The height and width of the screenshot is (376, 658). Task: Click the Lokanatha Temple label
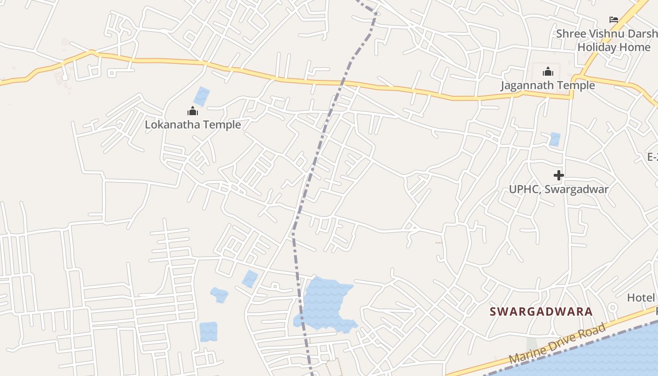coord(193,125)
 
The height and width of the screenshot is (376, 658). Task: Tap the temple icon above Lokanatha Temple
coord(193,111)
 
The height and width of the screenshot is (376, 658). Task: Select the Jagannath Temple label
coord(548,86)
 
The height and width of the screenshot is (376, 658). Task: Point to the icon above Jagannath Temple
coord(548,72)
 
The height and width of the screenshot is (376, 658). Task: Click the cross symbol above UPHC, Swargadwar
coord(558,175)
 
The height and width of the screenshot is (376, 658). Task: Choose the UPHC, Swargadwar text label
coord(559,189)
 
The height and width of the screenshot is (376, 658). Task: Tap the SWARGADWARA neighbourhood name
coord(541,312)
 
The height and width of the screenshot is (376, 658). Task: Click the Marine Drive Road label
coord(557,344)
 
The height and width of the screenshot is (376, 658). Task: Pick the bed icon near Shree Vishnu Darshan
coord(614,19)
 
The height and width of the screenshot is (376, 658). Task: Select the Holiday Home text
coord(614,47)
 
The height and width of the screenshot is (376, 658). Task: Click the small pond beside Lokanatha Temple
coord(202,96)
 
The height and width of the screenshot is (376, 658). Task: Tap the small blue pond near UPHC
coord(555,139)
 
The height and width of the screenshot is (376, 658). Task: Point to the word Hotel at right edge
coord(641,298)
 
